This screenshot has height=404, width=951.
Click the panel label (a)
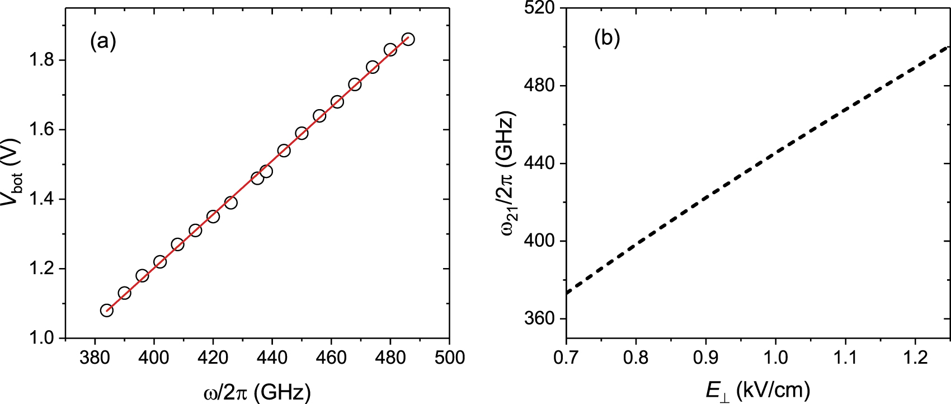coord(103,41)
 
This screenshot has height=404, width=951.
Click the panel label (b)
coord(607,38)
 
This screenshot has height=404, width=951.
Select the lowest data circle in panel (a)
coord(107,310)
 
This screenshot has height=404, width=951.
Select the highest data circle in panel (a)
coord(408,39)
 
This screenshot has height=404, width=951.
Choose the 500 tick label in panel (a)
coord(449,357)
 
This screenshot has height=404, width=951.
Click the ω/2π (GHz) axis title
coord(257,392)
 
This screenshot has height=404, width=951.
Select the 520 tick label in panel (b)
coord(539,8)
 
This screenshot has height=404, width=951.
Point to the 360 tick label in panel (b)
coord(539,318)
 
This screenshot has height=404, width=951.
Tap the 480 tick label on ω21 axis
coord(539,86)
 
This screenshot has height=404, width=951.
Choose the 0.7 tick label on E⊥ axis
coord(566,357)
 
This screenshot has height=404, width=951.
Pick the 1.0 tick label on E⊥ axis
coord(775,357)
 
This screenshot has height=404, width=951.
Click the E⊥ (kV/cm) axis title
coord(757,391)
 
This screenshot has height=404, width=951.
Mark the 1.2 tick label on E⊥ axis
coord(915,357)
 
